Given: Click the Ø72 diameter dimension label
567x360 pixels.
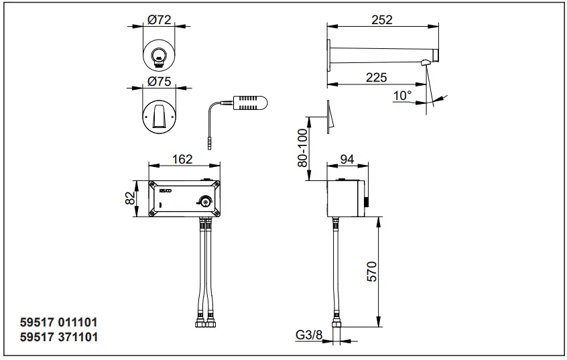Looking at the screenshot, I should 160,20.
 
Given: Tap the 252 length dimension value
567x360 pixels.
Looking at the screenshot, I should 381,20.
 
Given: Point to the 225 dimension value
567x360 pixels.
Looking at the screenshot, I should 376,77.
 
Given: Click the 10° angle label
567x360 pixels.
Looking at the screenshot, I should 402,96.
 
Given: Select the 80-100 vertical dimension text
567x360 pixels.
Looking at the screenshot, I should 302,148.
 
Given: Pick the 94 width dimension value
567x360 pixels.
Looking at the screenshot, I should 347,159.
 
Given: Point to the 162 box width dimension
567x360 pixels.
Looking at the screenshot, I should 182,159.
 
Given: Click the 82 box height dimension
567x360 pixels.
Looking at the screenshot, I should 131,198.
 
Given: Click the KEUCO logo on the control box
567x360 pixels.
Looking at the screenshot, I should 166,192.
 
